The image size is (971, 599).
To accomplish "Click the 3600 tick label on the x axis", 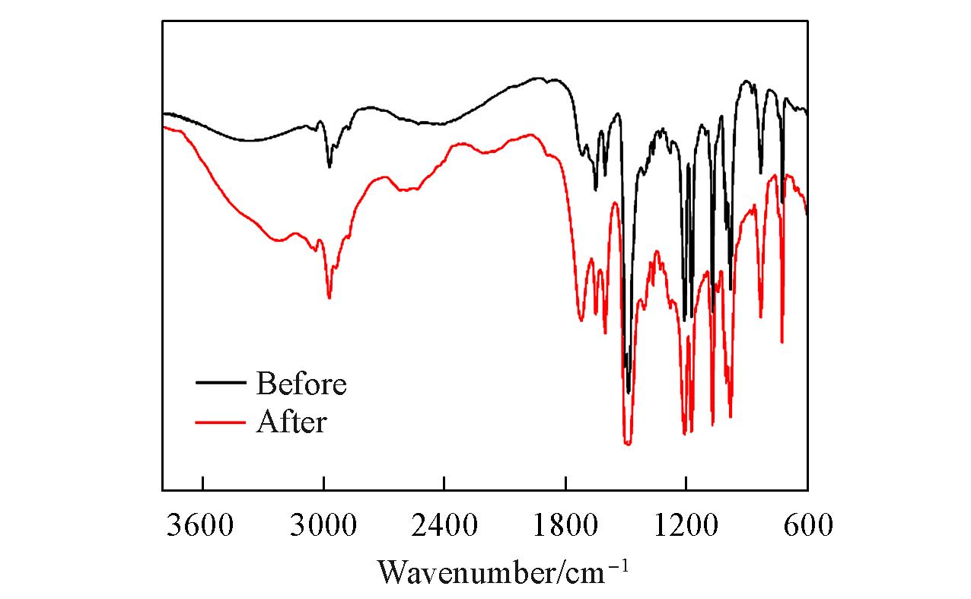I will (202, 524).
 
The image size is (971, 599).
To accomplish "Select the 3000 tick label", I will (323, 524).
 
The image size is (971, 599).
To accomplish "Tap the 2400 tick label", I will (444, 524).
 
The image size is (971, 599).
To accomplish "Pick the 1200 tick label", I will (686, 524).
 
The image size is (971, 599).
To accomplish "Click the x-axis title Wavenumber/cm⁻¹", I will (503, 570).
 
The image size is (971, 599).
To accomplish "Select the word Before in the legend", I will (301, 384).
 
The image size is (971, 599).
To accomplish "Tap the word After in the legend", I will (291, 421).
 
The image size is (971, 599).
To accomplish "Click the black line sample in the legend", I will (221, 384).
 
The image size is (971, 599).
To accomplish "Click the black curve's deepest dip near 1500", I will (629, 393).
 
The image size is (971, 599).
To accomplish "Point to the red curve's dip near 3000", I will (329, 298).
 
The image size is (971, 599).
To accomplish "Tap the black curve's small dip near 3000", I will (329, 166).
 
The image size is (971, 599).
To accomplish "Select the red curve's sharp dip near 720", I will (782, 343).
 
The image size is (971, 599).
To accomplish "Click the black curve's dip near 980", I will (731, 289).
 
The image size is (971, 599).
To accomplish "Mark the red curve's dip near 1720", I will (581, 320).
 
